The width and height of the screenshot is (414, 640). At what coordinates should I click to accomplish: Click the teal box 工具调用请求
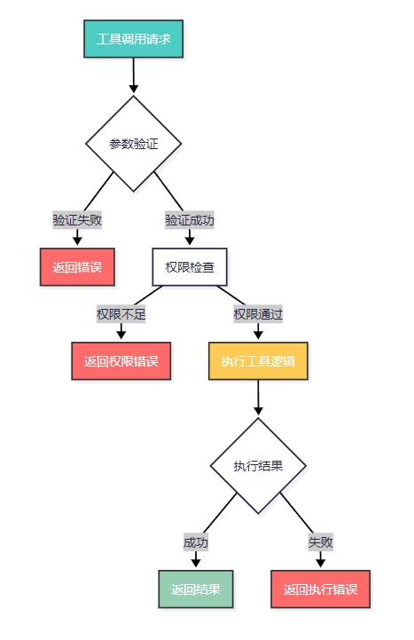coord(133,39)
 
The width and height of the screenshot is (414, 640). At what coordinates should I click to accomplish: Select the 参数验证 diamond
coord(133,144)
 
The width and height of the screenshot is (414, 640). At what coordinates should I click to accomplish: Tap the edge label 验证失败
coord(77,220)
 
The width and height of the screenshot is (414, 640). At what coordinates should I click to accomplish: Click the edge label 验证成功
coord(190,220)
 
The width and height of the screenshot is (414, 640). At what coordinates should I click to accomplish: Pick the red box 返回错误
coord(77,267)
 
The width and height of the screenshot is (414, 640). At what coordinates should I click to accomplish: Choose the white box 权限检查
coord(190,267)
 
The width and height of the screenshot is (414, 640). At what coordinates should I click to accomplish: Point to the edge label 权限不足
coord(121,314)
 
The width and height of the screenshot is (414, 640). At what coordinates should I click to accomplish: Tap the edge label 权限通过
coord(258,314)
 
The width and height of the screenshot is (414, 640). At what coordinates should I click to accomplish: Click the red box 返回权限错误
coord(121,360)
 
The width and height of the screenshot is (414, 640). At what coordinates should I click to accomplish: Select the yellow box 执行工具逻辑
coord(258,360)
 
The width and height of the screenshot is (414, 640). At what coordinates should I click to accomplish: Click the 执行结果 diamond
coord(258,466)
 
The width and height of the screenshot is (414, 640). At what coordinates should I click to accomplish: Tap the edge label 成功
coord(196,542)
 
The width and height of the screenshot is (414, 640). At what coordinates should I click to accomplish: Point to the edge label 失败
coord(321,542)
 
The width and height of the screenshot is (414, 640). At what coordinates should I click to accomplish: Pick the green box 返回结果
coord(196,589)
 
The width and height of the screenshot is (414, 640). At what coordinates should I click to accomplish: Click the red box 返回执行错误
coord(321,589)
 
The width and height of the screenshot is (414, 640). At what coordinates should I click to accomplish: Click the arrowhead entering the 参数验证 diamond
coord(134,89)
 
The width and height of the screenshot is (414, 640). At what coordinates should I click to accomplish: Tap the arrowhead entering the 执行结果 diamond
coord(258,411)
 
